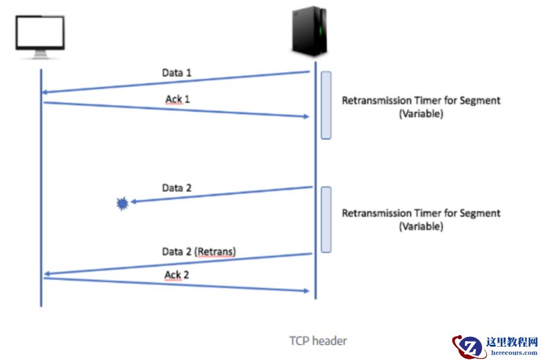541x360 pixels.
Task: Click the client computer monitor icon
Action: point(41,36)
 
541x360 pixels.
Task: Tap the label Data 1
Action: point(177,72)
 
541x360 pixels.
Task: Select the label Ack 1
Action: point(177,98)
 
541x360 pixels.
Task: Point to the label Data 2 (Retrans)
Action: point(199,251)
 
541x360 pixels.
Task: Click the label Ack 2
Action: point(177,275)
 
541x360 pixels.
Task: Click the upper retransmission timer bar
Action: point(326,105)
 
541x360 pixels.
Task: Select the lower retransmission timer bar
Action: point(326,219)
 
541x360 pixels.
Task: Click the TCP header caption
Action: point(318,341)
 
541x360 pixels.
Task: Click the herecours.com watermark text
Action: point(514,353)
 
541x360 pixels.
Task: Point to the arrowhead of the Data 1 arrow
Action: point(44,92)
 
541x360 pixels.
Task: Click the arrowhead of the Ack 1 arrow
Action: point(306,116)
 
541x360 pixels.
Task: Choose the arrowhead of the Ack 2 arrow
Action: point(306,291)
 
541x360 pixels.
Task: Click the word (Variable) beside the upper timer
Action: point(421,114)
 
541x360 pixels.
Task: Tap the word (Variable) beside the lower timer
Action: point(421,227)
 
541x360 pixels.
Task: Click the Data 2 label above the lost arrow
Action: point(177,188)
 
